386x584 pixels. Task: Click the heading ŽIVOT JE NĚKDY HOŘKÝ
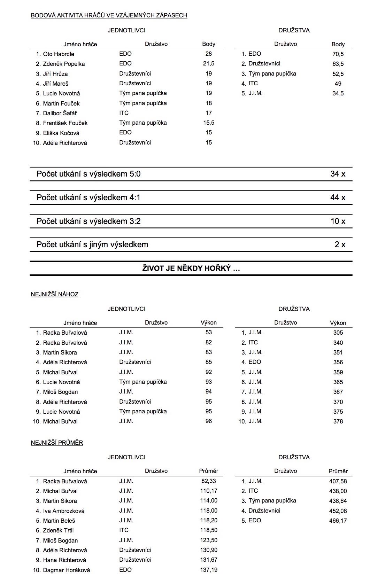[x=191, y=268]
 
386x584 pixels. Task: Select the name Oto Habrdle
[x=59, y=54]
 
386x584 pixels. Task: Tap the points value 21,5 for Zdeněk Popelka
[x=209, y=64]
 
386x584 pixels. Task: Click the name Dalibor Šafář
[x=60, y=113]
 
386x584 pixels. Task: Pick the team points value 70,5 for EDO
[x=338, y=54]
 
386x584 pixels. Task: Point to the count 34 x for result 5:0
[x=338, y=174]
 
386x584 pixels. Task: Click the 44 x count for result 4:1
[x=338, y=197]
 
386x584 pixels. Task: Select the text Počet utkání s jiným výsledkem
[x=92, y=244]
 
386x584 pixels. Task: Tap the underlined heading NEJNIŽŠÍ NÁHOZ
[x=55, y=294]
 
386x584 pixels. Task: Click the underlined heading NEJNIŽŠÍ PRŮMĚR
[x=57, y=443]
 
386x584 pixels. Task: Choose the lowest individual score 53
[x=209, y=333]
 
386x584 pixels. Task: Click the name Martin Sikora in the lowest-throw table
[x=60, y=352]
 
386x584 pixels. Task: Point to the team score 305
[x=338, y=333]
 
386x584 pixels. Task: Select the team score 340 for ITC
[x=338, y=343]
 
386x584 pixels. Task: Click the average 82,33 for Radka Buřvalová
[x=209, y=481]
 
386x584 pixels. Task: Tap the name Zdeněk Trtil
[x=58, y=530]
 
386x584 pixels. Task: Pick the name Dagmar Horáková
[x=67, y=570]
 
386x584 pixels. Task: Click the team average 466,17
[x=338, y=521]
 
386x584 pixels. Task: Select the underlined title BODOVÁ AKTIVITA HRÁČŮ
[x=109, y=15]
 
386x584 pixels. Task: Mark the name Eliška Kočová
[x=61, y=133]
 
